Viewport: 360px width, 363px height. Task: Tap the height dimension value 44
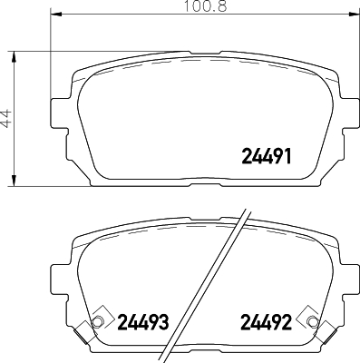pos(6,119)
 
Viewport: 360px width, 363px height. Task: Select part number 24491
pos(266,155)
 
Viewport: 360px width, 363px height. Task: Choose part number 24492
pos(266,321)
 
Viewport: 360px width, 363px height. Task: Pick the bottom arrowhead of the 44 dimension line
pos(15,183)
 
